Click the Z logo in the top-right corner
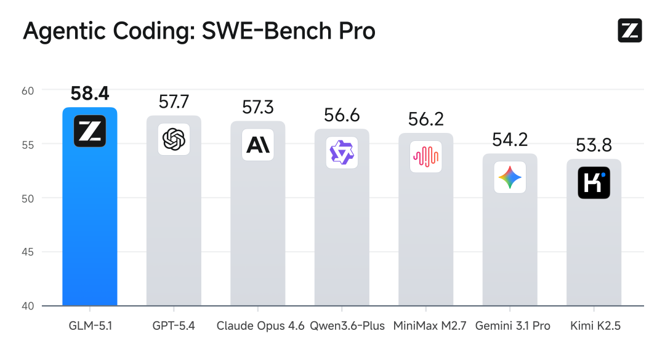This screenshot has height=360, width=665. [629, 31]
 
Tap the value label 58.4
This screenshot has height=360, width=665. [90, 94]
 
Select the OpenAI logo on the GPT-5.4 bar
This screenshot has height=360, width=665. [174, 139]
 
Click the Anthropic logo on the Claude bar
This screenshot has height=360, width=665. [257, 145]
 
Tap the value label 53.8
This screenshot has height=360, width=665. [594, 146]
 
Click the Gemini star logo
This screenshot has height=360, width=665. [510, 178]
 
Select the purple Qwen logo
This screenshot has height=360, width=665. [342, 153]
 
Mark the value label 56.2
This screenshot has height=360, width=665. [425, 119]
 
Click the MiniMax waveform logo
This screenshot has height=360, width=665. [425, 156]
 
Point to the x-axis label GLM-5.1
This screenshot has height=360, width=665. [90, 326]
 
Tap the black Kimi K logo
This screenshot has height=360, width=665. [594, 183]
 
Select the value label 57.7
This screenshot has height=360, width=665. [174, 102]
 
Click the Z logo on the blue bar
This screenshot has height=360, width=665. [90, 131]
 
